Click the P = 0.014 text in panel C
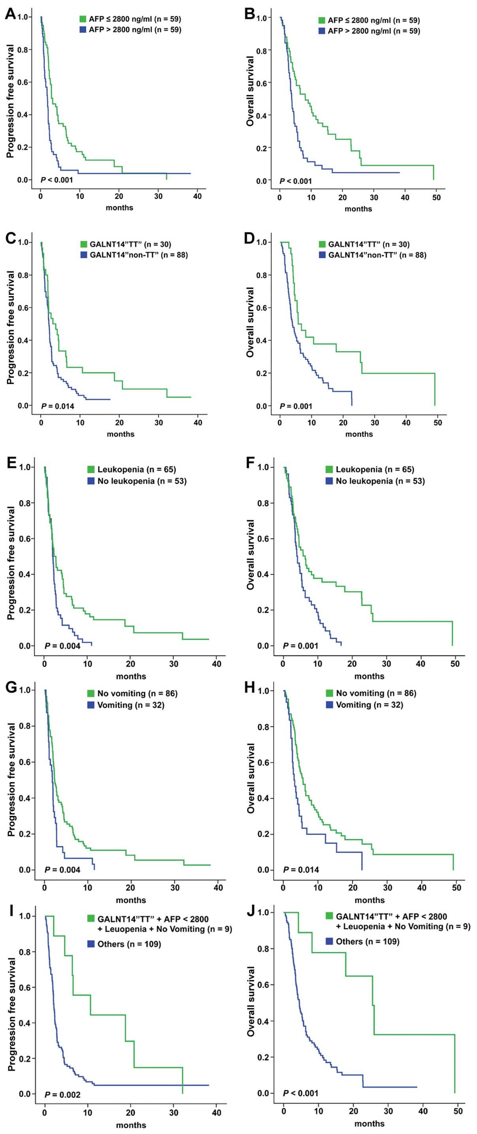58,406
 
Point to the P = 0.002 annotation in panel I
62,1094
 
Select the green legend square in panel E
91,469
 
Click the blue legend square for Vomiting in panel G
91,705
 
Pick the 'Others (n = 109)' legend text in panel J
368,941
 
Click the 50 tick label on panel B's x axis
436,198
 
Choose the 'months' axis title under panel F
369,676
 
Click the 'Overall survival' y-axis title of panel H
251,778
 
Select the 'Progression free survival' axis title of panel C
11,328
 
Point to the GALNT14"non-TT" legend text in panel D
377,255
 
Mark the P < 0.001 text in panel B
296,181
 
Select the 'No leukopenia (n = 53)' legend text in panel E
142,481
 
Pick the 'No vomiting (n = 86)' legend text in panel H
376,693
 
